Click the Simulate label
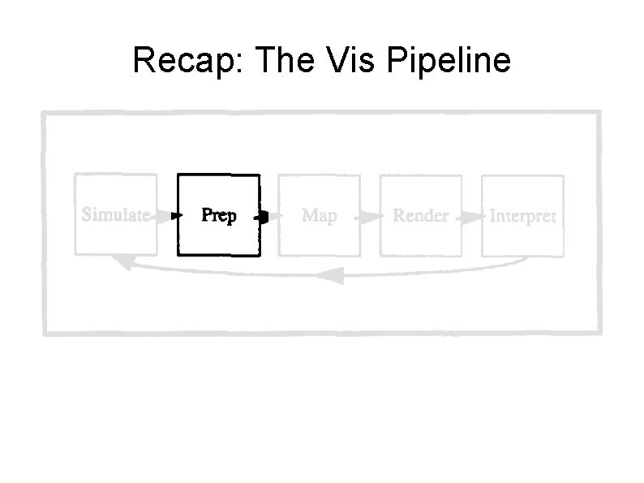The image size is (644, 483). pyautogui.click(x=114, y=215)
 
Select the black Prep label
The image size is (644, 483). pyautogui.click(x=218, y=216)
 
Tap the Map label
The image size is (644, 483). pyautogui.click(x=319, y=216)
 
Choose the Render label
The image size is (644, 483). pyautogui.click(x=420, y=216)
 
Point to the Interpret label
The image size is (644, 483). pyautogui.click(x=522, y=217)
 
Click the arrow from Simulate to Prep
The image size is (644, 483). pyautogui.click(x=168, y=216)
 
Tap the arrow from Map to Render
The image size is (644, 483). pyautogui.click(x=371, y=217)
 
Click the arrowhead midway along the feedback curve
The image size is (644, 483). pyautogui.click(x=328, y=277)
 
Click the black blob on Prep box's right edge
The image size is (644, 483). pyautogui.click(x=261, y=216)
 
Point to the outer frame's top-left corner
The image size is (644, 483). pyautogui.click(x=44, y=113)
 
